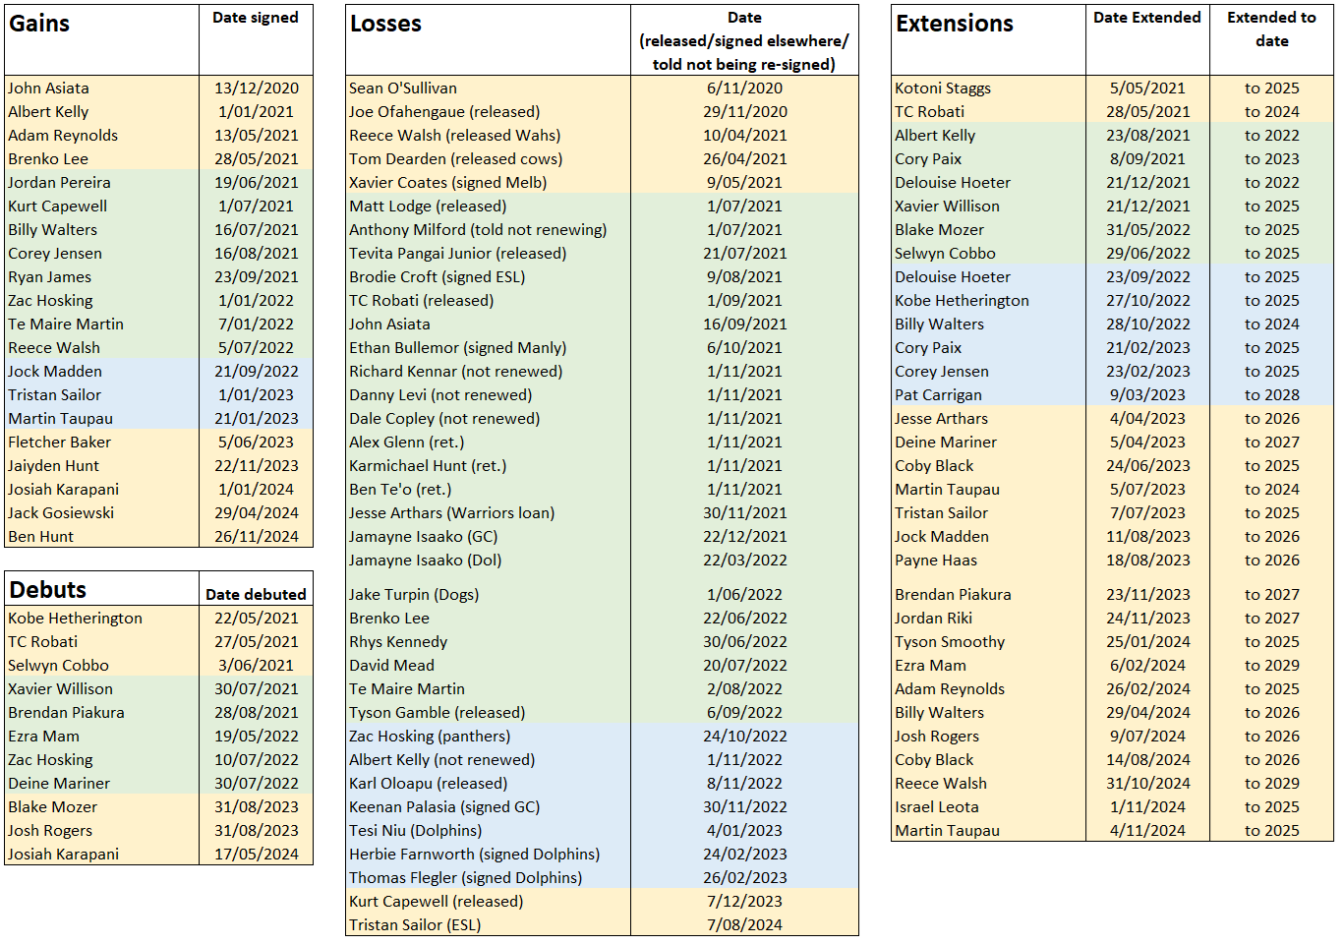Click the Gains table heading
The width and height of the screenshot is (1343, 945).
(39, 24)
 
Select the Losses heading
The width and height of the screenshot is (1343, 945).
(385, 24)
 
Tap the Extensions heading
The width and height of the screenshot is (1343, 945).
(955, 24)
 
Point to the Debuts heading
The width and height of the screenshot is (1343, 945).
(48, 590)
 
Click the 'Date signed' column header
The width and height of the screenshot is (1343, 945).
(256, 18)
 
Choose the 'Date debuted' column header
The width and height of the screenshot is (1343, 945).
(256, 594)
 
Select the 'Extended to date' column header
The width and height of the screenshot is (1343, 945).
(1271, 30)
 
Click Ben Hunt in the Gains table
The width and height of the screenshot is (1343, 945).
(40, 537)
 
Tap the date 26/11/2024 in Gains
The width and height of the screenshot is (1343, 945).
(257, 537)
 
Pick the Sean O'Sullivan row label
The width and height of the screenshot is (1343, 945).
(403, 89)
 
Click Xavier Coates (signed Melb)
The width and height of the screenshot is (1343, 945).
(448, 182)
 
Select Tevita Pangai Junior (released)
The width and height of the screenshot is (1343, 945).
(457, 253)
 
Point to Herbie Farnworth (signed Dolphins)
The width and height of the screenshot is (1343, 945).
(474, 854)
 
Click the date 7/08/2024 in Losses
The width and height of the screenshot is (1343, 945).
(744, 924)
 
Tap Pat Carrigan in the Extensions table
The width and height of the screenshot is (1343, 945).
(938, 395)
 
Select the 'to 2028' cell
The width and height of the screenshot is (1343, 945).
(1271, 395)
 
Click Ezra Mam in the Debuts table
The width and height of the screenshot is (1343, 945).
(44, 737)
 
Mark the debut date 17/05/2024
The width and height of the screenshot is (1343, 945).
(257, 854)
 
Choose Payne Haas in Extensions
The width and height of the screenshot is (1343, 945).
(936, 561)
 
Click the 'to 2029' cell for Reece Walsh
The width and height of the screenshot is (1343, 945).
(1271, 783)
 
